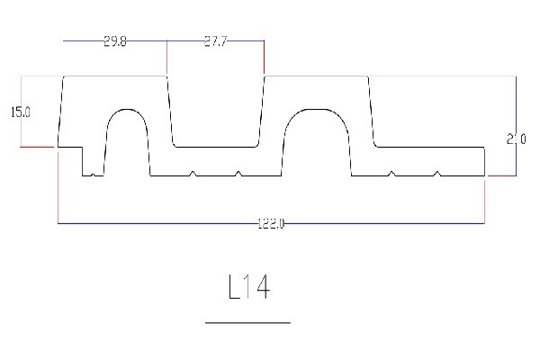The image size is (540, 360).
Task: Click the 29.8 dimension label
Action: coord(115,41)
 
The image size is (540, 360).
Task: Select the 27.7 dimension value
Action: coord(215,41)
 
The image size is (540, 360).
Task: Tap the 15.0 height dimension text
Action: coord(20,112)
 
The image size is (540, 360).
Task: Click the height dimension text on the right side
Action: coord(516,139)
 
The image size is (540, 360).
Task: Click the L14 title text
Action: coord(248,287)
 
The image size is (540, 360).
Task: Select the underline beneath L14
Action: coord(248,321)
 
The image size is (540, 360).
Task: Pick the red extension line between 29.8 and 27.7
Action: coord(167,58)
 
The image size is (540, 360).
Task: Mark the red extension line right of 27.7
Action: coord(264,58)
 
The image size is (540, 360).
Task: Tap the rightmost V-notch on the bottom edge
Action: coord(436,173)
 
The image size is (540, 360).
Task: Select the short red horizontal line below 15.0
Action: coord(37,146)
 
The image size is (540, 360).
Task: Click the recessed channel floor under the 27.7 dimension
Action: coord(215,146)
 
